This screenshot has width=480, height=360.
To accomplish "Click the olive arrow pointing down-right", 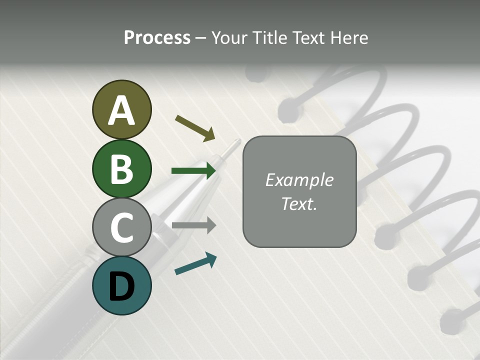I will tap(195, 128).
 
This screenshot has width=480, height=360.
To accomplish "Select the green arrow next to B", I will tap(193, 171).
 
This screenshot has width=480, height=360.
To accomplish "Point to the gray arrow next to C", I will tap(193, 225).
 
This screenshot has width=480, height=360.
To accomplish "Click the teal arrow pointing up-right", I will tap(195, 263).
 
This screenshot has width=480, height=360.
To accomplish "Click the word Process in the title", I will tap(157, 38).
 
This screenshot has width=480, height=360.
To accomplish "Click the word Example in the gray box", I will tap(299, 180).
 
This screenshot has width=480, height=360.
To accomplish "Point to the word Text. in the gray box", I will tap(299, 203).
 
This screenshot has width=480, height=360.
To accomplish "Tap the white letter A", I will tap(121, 110).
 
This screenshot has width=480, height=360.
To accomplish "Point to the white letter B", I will tap(121, 169).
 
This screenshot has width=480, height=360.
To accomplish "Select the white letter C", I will tap(121, 227).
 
